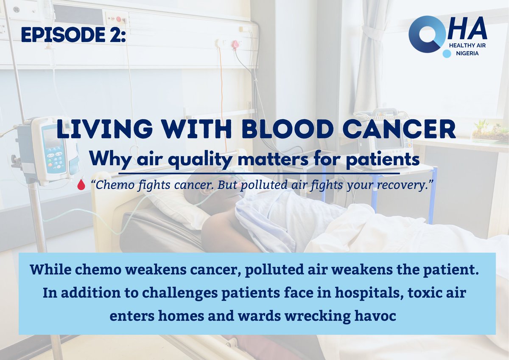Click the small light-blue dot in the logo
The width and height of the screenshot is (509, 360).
[446, 54]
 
